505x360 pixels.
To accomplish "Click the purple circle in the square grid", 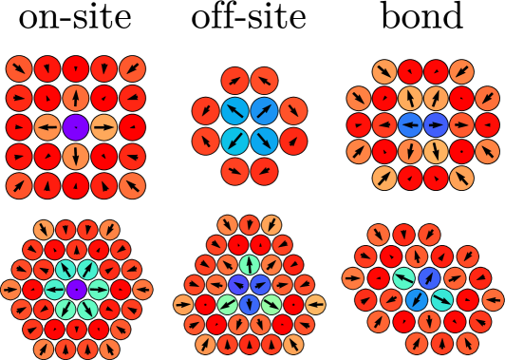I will [x=76, y=127].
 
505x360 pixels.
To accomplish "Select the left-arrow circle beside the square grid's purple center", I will [x=47, y=127].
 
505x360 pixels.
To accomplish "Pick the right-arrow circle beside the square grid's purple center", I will [x=104, y=127].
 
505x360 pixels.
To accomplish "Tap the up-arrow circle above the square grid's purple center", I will [x=76, y=98].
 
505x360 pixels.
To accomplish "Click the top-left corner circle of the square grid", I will [x=19, y=68].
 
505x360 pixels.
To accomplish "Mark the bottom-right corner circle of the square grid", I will [x=133, y=186].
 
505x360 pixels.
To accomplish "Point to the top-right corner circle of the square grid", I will [x=133, y=68].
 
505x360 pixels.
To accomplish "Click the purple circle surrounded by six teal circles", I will [x=76, y=290].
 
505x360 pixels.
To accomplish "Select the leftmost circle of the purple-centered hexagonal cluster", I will [x=10, y=290].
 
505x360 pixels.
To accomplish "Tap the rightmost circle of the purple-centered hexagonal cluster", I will [x=142, y=290].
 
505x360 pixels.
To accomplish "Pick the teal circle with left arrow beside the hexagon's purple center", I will [x=54, y=290].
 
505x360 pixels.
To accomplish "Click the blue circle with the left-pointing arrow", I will [x=410, y=124].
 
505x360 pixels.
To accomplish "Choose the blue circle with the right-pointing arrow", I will [x=436, y=124].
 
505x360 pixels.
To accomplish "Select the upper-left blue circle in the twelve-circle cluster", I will [x=234, y=111].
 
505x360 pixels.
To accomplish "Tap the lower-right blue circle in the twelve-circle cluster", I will [x=264, y=142].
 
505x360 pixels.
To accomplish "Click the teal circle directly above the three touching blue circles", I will [x=249, y=265].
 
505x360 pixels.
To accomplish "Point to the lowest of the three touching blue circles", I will [x=249, y=304].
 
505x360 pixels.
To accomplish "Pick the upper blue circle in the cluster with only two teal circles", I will [x=429, y=278].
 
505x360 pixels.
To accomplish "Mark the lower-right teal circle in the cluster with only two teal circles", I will [x=442, y=300].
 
